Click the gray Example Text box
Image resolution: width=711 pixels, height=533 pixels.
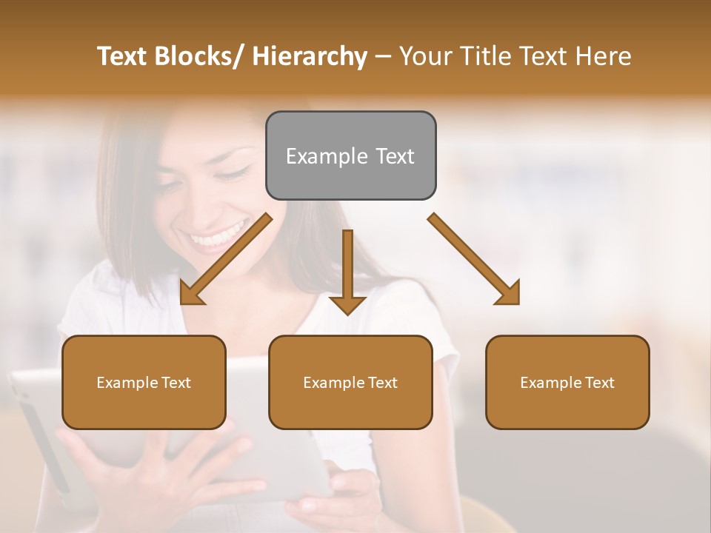point(350,155)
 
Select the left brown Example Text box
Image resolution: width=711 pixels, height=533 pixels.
point(144,382)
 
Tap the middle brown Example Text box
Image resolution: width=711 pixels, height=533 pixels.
point(350,382)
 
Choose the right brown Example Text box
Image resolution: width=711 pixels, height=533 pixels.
point(567,382)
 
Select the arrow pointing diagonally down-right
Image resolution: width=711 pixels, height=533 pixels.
point(475,260)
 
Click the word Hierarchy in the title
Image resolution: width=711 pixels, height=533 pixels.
point(309,57)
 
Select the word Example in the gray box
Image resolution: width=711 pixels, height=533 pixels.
point(316,156)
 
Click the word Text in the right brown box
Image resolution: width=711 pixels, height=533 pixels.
point(599,382)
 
